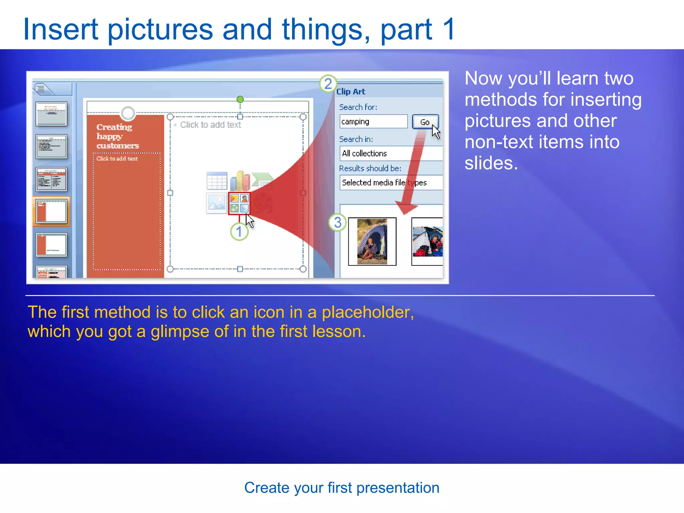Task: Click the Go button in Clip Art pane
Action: (424, 122)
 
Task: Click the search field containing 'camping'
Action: (373, 122)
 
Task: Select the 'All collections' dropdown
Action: (391, 153)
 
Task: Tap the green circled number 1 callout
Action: (239, 231)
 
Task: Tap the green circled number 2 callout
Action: (328, 84)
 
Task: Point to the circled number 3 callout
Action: (337, 222)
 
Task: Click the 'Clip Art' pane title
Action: (351, 92)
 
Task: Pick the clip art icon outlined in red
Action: (239, 203)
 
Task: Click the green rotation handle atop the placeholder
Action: (240, 99)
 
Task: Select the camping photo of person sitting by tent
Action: (372, 241)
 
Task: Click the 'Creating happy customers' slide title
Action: (117, 136)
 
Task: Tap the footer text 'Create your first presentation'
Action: (342, 488)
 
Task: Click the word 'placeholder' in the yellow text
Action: (367, 312)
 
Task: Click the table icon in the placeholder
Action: (217, 181)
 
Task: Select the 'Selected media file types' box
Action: (391, 183)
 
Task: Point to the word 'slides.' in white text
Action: (491, 163)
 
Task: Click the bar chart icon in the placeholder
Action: (239, 181)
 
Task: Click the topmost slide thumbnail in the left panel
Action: (51, 114)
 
